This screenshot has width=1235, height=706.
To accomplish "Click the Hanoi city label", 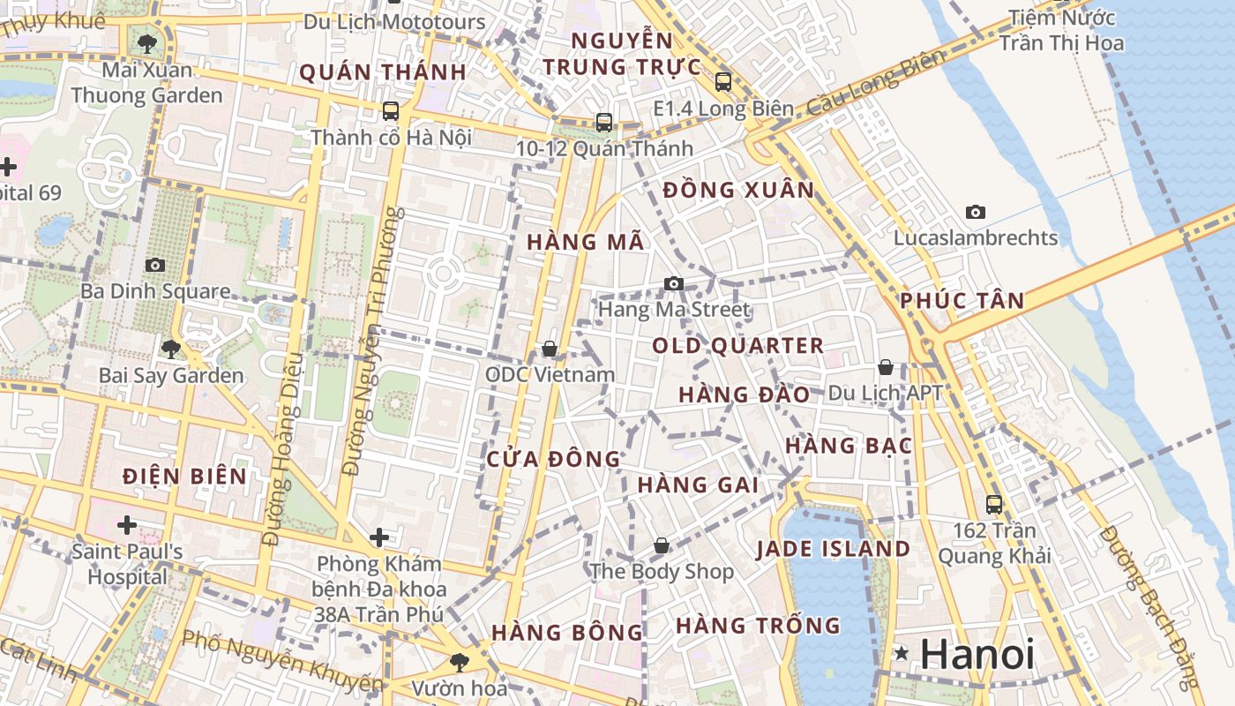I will click(x=977, y=654).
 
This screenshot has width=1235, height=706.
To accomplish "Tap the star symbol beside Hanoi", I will click(x=902, y=654).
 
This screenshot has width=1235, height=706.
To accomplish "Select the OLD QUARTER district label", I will click(x=737, y=346).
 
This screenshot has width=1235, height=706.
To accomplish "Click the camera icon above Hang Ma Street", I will click(x=674, y=283).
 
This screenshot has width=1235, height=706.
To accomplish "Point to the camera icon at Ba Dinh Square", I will click(x=155, y=265).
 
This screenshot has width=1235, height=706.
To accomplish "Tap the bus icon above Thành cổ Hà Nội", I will click(x=391, y=111).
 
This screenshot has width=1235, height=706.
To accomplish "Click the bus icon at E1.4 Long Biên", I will click(x=723, y=82).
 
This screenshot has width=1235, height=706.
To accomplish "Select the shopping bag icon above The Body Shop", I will click(x=662, y=545).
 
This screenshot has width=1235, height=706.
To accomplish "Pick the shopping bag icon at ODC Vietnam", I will click(x=550, y=349).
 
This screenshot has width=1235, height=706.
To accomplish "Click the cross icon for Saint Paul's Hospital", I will click(x=127, y=526).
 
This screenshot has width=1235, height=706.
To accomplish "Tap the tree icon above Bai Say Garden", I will click(x=171, y=349).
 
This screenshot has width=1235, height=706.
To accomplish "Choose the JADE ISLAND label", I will click(x=833, y=549).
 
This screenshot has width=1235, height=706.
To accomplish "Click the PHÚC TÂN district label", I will click(x=962, y=301).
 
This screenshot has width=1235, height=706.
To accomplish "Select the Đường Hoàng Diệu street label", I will click(x=283, y=450).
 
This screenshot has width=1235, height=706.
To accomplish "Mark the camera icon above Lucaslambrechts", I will click(x=975, y=212).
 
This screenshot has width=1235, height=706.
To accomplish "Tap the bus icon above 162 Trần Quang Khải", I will click(x=994, y=504).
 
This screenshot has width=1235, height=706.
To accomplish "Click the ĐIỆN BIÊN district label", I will click(x=185, y=477).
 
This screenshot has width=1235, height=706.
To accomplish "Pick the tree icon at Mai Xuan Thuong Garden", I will click(x=147, y=43).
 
